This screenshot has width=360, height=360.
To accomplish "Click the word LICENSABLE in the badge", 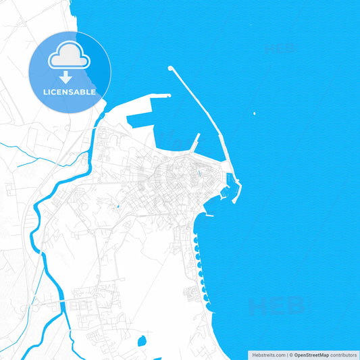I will tap(70, 92).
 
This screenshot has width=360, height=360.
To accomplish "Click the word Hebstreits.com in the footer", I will tap(268, 355).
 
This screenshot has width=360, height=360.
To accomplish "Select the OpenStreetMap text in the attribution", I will tap(311, 355).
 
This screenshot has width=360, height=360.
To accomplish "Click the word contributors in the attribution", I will tap(343, 355).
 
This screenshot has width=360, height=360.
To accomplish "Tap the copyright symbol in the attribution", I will tap(291, 355).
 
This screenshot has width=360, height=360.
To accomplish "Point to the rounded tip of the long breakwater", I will tap(170, 68).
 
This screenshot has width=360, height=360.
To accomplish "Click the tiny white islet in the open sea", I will tap(254, 113).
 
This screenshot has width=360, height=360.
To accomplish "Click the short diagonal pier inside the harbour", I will tap(195, 142).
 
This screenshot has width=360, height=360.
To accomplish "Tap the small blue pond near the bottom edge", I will tap(142, 341).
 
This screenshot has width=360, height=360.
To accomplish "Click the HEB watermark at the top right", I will tap(281, 49).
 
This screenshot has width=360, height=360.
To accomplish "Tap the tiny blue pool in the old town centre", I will tap(118, 206).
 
